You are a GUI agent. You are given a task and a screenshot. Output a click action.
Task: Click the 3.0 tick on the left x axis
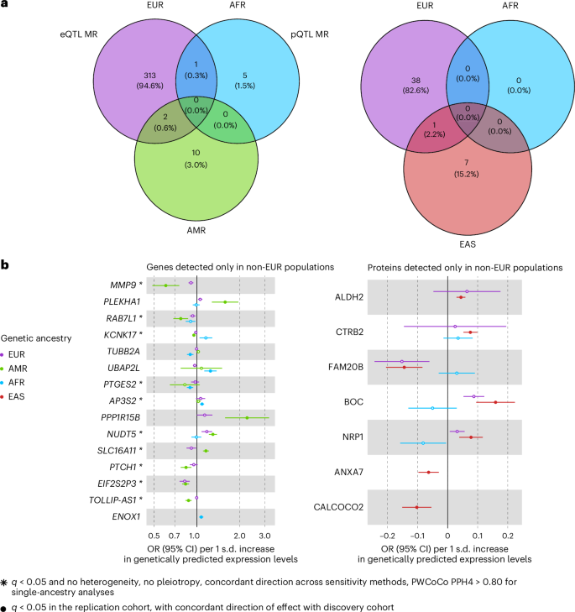(265, 535)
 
